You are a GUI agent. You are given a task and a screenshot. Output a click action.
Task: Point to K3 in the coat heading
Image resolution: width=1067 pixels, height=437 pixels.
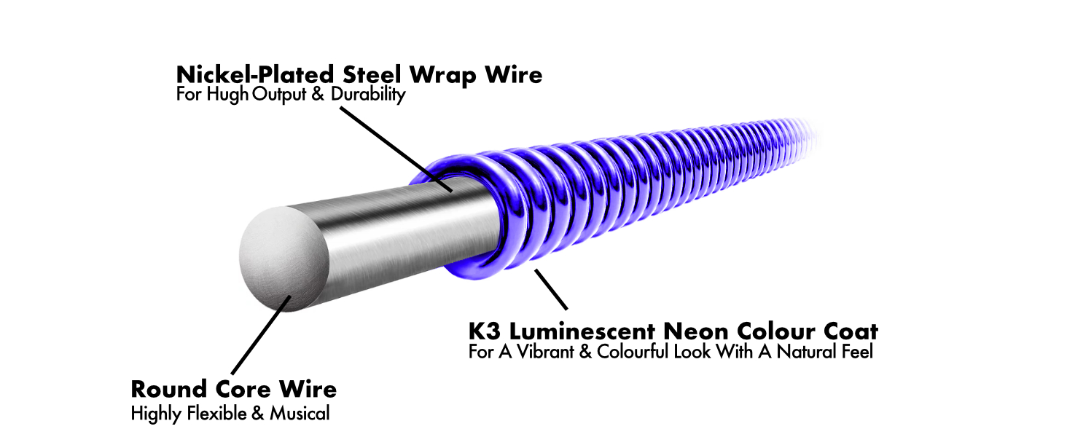484,332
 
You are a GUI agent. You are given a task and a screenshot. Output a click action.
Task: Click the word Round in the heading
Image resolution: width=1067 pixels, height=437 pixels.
170,388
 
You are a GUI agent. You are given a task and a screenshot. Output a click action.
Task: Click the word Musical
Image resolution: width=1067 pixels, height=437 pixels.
300,414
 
